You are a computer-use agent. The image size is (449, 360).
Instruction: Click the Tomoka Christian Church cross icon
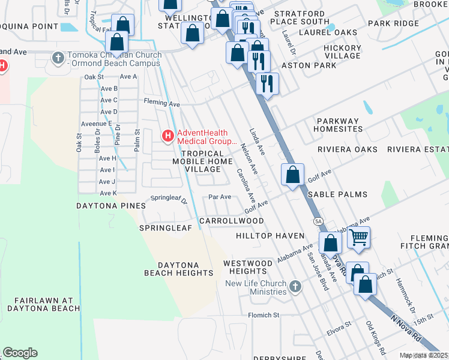tap(58, 58)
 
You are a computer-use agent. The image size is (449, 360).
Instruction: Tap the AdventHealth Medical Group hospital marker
tap(167, 137)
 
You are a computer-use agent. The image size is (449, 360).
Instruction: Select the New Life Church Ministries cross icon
tap(294, 287)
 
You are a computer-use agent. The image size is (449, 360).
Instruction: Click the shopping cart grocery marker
tap(358, 237)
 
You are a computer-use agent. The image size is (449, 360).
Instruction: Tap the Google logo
tap(20, 353)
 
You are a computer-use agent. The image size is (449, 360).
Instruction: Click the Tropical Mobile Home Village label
tap(197, 161)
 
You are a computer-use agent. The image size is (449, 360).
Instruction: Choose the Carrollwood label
tap(231, 221)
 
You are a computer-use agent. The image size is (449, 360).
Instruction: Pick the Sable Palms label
tap(337, 194)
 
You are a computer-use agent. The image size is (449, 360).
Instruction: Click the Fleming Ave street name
tap(161, 104)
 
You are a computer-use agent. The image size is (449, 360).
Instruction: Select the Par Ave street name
tap(219, 197)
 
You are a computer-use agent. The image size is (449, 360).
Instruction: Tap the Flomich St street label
tap(264, 314)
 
